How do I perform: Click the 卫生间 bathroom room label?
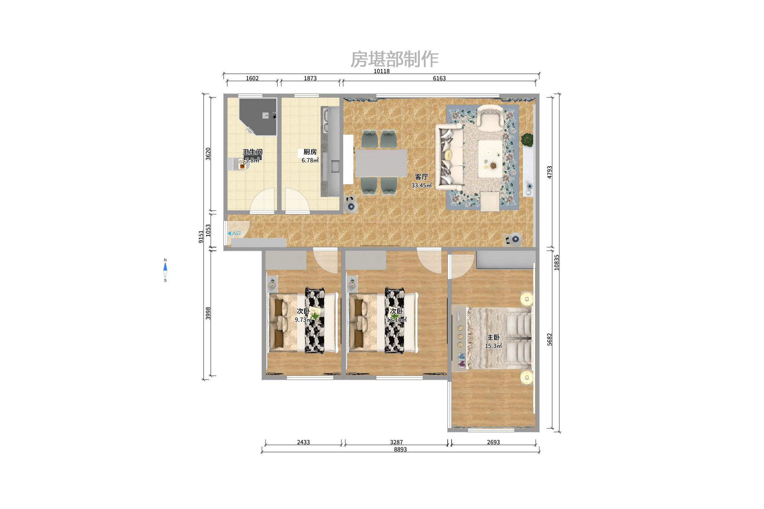point(252,152)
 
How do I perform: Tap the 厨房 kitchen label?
point(310,152)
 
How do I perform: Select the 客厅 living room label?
point(421,177)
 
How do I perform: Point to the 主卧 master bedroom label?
point(493,337)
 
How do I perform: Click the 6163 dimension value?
point(439,78)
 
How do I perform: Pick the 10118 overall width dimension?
point(381,71)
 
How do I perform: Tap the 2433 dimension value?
point(303,442)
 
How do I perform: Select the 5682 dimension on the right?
point(550,339)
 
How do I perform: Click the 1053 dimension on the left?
point(208,230)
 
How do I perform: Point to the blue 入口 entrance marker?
point(234,233)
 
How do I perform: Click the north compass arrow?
point(165,267)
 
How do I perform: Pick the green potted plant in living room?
point(527,139)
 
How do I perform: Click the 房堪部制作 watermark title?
point(394,59)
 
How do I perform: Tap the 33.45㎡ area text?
point(421,186)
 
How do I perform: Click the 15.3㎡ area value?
point(493,346)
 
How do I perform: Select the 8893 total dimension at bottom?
point(400,450)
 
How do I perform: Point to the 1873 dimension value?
point(310,78)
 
